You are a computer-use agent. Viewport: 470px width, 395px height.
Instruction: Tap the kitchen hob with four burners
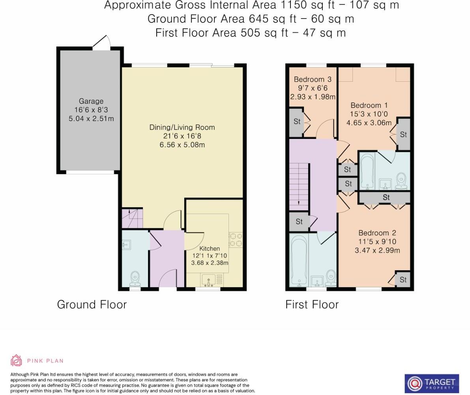[x=236, y=240]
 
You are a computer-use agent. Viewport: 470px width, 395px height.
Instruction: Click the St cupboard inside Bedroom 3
[x=297, y=122]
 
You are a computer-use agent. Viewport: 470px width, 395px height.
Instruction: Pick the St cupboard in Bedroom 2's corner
[x=403, y=280]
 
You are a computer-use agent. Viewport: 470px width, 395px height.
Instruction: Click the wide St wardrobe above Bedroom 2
[x=386, y=197]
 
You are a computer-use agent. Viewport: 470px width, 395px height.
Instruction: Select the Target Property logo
[x=432, y=383]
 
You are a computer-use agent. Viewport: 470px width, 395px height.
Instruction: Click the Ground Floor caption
[x=92, y=305]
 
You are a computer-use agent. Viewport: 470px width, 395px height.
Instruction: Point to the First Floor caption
[x=312, y=305]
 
